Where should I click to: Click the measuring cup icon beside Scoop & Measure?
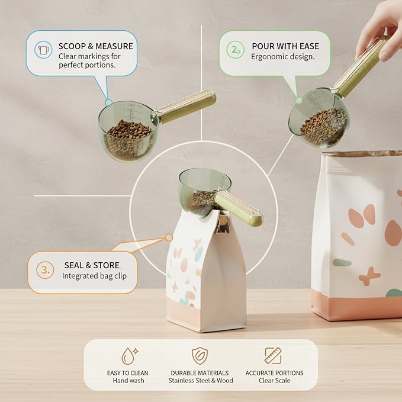click(x=43, y=49)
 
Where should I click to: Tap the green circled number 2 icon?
click(x=235, y=50)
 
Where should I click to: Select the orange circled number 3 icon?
click(x=45, y=270)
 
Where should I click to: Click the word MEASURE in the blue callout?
click(x=114, y=46)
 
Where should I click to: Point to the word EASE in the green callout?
click(x=309, y=46)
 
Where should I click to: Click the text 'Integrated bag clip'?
click(x=94, y=276)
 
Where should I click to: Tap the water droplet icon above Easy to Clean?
click(x=130, y=356)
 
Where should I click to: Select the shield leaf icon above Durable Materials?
click(x=200, y=356)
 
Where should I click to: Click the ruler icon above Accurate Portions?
click(x=273, y=356)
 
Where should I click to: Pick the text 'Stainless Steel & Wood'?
click(x=201, y=381)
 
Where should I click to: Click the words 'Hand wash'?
click(x=128, y=381)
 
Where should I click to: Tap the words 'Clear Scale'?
click(x=274, y=381)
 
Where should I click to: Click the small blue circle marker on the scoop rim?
click(x=109, y=103)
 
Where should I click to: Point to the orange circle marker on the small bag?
click(x=169, y=237)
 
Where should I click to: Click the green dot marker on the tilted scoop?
click(x=298, y=101)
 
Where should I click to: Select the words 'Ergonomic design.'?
click(x=282, y=57)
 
